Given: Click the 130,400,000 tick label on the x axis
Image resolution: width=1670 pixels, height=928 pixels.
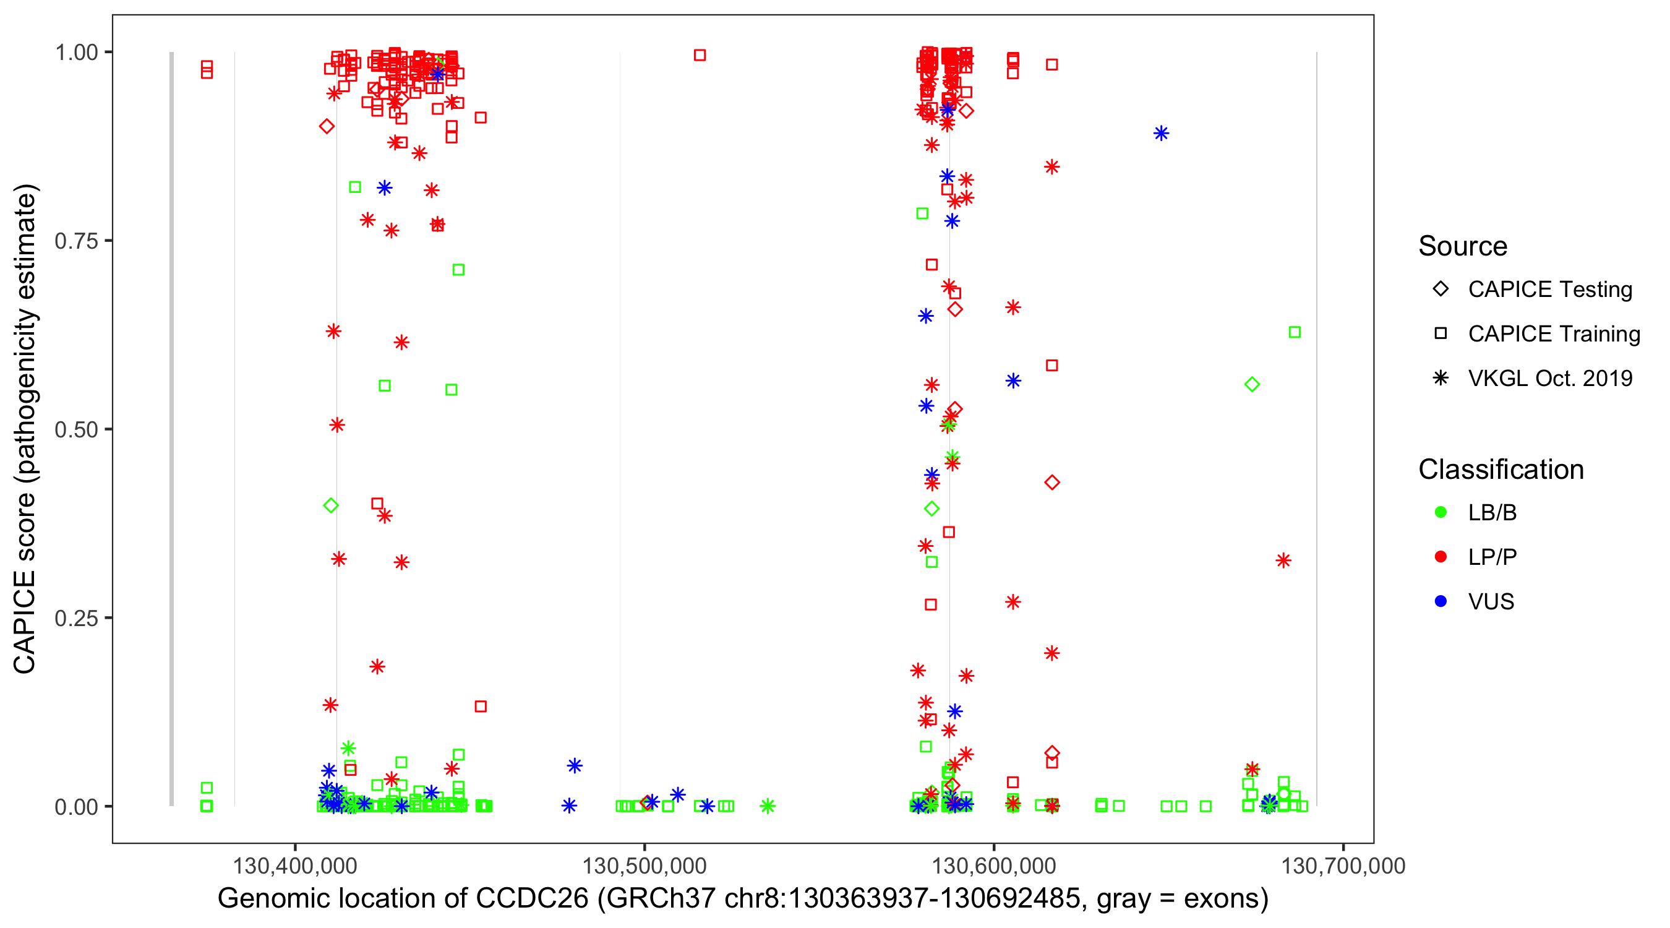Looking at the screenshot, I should [295, 866].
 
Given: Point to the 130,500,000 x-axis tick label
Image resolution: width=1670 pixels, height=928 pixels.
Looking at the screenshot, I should [644, 866].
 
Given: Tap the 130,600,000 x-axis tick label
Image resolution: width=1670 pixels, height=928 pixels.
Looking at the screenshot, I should [994, 866].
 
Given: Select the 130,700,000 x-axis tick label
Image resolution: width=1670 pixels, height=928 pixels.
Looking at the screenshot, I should [1343, 866].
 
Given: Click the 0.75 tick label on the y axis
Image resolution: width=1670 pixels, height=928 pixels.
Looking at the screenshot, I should [75, 241].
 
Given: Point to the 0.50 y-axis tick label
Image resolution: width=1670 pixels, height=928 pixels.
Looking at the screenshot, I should [75, 430].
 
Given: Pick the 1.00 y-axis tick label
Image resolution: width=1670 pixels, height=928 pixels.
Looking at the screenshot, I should [75, 53].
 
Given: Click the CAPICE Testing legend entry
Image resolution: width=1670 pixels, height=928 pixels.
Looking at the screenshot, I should [1550, 290].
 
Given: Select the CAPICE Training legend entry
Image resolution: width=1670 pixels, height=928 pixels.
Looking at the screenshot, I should [1554, 334].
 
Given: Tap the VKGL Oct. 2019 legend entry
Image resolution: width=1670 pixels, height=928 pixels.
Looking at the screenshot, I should [1550, 379].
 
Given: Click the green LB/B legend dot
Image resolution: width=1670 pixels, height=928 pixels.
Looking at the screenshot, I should [1441, 512].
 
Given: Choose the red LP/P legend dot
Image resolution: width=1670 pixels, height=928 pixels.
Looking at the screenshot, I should [1441, 557].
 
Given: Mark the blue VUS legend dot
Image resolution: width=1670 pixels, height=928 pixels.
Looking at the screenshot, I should [1441, 602].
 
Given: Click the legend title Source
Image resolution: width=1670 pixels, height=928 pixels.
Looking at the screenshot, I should [1463, 246].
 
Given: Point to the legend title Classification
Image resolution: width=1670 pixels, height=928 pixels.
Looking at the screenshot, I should [1501, 470].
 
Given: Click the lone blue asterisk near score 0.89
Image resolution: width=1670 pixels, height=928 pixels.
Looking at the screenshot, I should [1161, 134].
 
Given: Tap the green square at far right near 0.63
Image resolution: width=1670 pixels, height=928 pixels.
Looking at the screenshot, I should [1295, 332].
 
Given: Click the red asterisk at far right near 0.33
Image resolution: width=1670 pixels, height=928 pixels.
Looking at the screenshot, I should [1283, 561].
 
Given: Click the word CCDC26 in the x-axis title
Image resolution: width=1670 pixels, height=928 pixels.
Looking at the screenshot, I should [531, 899].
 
